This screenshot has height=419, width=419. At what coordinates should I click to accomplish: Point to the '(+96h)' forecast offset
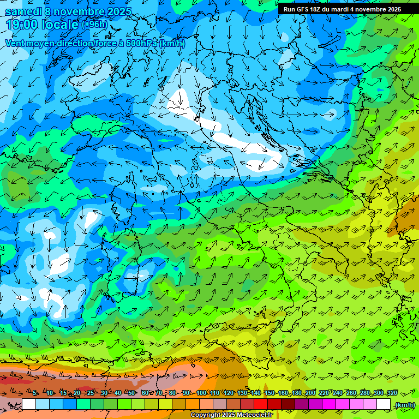point(95,24)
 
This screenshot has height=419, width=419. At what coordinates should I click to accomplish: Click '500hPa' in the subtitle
point(142,43)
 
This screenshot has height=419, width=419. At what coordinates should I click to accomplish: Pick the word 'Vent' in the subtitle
point(15,43)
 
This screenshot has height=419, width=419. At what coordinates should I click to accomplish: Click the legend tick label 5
point(34,393)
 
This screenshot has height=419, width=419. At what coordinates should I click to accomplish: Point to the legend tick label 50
point(131,393)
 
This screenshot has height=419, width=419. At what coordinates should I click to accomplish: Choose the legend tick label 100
point(201,393)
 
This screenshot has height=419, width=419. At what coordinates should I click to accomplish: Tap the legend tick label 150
point(270,393)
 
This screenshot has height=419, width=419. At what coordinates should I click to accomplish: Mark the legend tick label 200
point(310,393)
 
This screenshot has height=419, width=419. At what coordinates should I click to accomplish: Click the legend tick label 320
point(392,393)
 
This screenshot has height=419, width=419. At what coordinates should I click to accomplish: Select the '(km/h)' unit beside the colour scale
point(405,405)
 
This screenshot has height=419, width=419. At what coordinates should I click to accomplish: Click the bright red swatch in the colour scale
point(261,404)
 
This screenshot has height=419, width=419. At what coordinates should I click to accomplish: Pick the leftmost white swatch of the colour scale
point(29,404)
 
